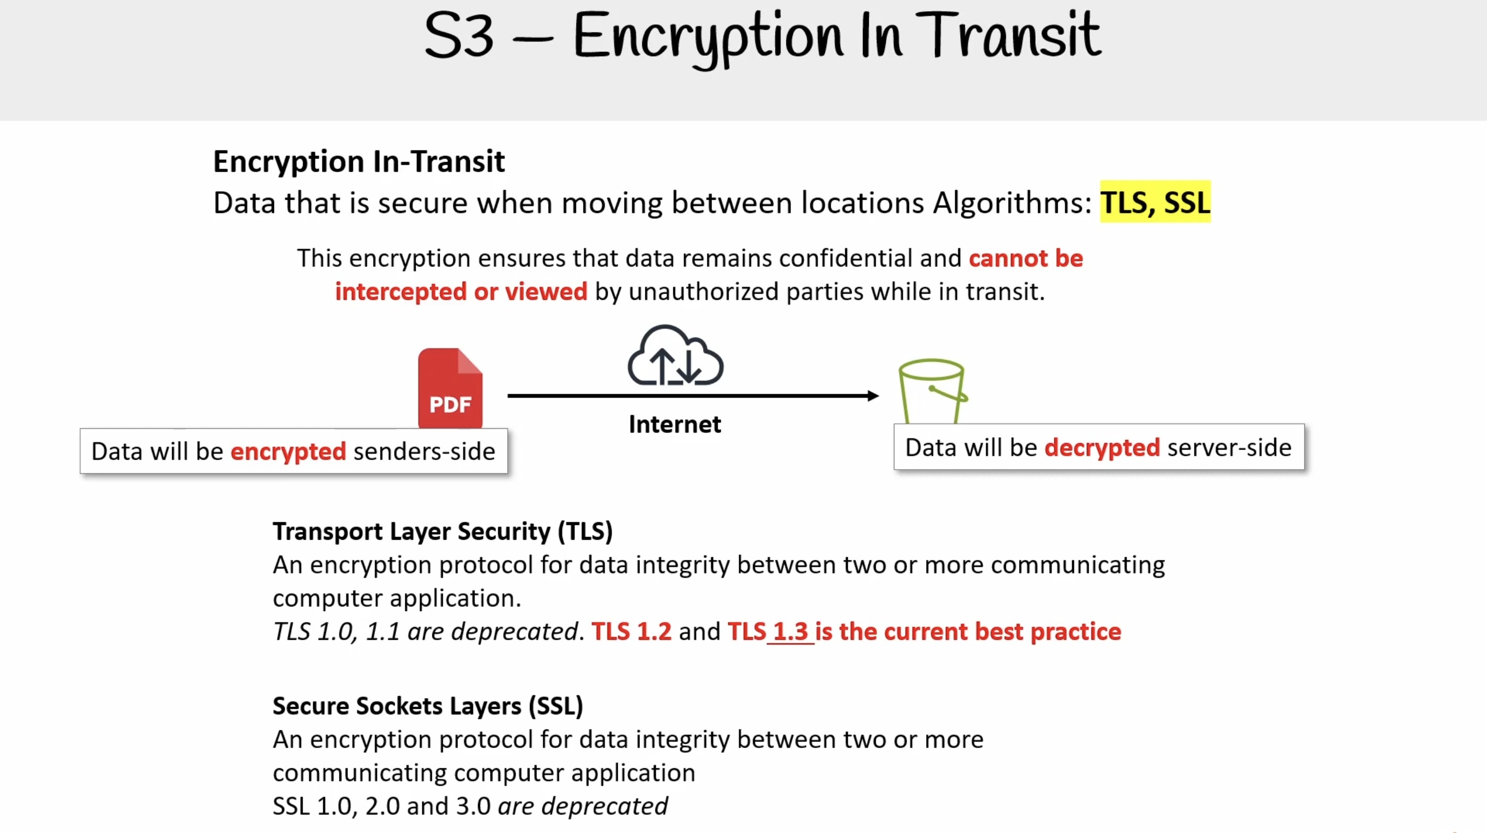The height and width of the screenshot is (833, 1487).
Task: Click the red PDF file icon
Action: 450,388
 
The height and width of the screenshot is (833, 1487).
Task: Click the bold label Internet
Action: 675,424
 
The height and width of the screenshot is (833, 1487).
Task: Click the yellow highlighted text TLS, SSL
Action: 1155,202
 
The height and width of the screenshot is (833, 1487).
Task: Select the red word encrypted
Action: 288,452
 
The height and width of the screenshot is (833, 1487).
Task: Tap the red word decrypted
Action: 1102,448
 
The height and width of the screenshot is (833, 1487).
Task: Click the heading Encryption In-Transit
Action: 359,161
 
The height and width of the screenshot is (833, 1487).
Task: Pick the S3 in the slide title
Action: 459,36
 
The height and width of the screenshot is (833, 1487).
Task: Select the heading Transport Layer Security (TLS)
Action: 443,531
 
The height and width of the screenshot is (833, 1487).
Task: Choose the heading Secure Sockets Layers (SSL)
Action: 428,706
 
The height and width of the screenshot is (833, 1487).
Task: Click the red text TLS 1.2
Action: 631,632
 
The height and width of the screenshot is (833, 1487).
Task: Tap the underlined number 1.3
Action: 790,632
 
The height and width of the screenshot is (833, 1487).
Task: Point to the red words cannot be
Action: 1026,258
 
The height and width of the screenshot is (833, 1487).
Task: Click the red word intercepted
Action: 400,292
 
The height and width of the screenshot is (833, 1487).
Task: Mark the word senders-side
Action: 424,452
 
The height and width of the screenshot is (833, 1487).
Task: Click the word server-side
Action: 1229,448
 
